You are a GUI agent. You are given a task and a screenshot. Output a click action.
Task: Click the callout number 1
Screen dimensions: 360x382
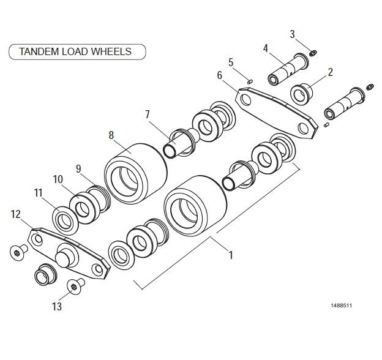tap(231, 255)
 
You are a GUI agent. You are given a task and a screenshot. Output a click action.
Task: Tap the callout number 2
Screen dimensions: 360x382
tap(330, 72)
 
